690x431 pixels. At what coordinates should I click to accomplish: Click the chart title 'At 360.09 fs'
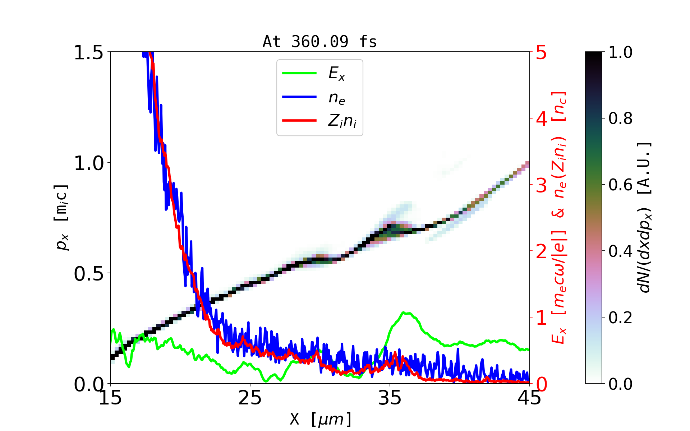click(x=319, y=42)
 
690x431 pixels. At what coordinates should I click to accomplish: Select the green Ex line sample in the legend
click(x=299, y=73)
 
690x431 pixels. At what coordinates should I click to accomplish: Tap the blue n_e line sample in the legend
click(x=299, y=97)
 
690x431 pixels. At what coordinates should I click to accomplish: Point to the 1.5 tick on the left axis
click(x=88, y=52)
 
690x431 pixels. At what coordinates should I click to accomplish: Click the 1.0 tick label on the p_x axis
click(x=88, y=163)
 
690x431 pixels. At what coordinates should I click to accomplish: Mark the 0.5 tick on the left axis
click(x=88, y=274)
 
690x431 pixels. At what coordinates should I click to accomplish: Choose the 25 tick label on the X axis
click(x=250, y=398)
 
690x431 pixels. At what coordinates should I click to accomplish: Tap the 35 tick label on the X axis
click(x=390, y=398)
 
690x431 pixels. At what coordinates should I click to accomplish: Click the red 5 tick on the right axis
click(x=541, y=52)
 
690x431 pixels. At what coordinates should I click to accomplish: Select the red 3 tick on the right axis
click(x=541, y=185)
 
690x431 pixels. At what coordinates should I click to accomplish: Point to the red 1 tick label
click(x=541, y=318)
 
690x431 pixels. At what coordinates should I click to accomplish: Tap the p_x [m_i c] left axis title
click(x=61, y=217)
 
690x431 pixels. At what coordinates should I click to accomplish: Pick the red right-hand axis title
click(x=559, y=217)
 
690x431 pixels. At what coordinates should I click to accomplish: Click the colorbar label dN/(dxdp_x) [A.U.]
click(x=645, y=217)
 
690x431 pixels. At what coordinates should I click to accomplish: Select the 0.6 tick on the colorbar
click(x=620, y=185)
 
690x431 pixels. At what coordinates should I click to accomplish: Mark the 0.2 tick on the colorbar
click(x=620, y=318)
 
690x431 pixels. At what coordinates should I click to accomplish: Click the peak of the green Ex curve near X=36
click(x=404, y=313)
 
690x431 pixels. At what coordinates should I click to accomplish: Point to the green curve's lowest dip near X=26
click(x=265, y=381)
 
